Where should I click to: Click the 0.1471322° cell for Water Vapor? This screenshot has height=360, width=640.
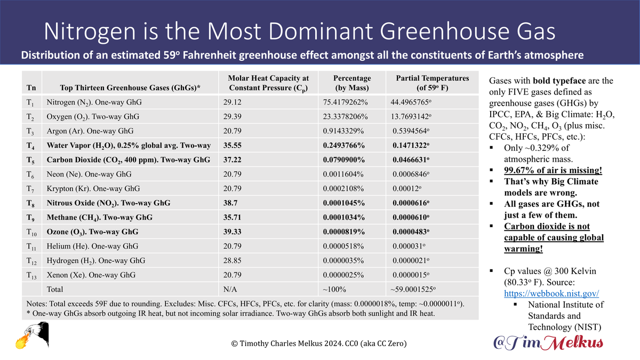pyautogui.click(x=416, y=145)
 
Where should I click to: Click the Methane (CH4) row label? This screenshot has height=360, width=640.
pyautogui.click(x=99, y=217)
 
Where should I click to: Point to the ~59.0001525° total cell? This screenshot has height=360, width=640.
pyautogui.click(x=417, y=289)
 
